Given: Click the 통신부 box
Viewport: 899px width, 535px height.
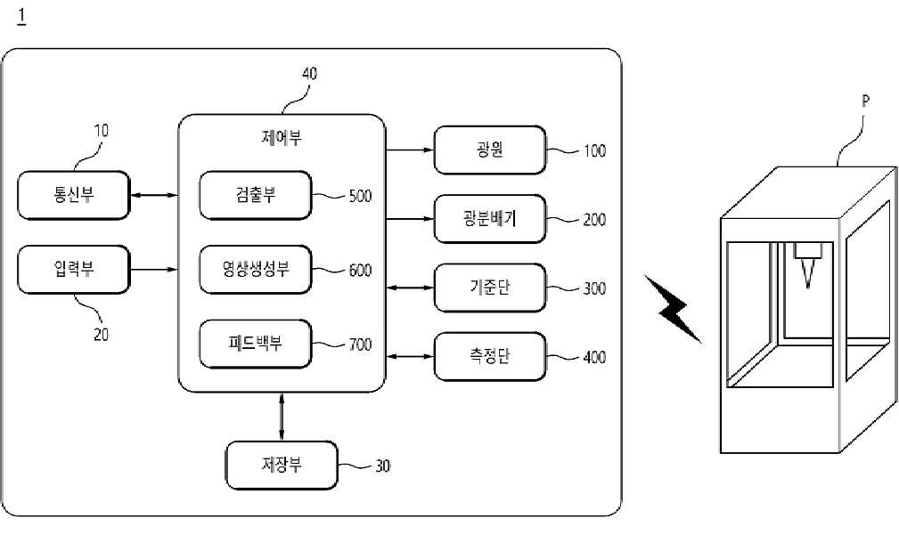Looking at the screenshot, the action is (x=74, y=195).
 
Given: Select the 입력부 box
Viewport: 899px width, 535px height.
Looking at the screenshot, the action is (x=74, y=269).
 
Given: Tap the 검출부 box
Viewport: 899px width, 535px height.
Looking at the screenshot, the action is (x=256, y=195).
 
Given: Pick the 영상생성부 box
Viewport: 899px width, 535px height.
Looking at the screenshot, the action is (x=256, y=269).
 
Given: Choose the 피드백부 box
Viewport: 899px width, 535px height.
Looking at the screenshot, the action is (x=256, y=344).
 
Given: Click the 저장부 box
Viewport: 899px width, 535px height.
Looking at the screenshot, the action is (x=282, y=465).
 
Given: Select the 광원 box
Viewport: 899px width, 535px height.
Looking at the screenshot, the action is (x=490, y=150).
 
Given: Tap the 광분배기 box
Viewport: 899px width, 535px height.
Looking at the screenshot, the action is (x=490, y=219).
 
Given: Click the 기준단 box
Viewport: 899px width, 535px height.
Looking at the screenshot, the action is (x=490, y=288).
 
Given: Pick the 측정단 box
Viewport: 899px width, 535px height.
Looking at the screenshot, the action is (x=490, y=356).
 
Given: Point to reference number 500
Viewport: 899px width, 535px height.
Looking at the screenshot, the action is (x=360, y=196).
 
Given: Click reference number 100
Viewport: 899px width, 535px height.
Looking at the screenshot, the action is (x=594, y=150).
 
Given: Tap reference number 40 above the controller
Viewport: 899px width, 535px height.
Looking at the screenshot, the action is (x=309, y=73).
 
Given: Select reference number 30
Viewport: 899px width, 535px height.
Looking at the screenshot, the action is (x=383, y=466).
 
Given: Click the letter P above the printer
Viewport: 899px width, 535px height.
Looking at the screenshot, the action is (x=865, y=101).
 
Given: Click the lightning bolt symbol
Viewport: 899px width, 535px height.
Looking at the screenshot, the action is (x=674, y=309).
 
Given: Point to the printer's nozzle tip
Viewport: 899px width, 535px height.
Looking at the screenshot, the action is (x=808, y=287).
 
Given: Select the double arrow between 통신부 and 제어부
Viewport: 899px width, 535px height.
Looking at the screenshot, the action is (x=154, y=195).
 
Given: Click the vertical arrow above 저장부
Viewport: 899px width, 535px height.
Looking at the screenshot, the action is (x=282, y=417).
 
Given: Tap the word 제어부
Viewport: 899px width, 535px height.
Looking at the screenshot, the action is (x=282, y=137).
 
